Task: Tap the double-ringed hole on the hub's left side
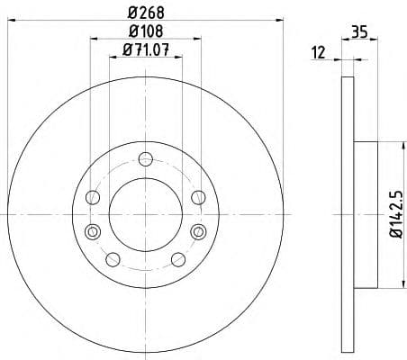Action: coord(90,233)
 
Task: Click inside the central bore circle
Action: coord(144,214)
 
